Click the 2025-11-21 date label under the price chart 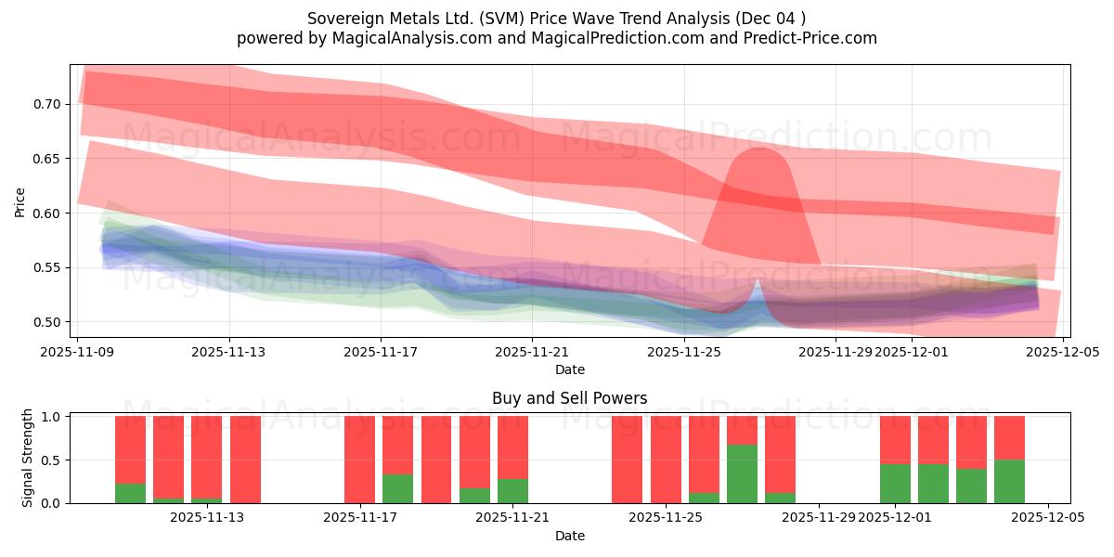pyautogui.click(x=532, y=353)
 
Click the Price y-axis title pyautogui.click(x=20, y=201)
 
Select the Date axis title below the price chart pyautogui.click(x=569, y=369)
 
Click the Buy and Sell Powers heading pyautogui.click(x=569, y=398)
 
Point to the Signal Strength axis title pyautogui.click(x=28, y=458)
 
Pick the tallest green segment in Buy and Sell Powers pyautogui.click(x=742, y=473)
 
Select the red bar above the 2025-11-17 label pyautogui.click(x=359, y=460)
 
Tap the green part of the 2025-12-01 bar pyautogui.click(x=895, y=484)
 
